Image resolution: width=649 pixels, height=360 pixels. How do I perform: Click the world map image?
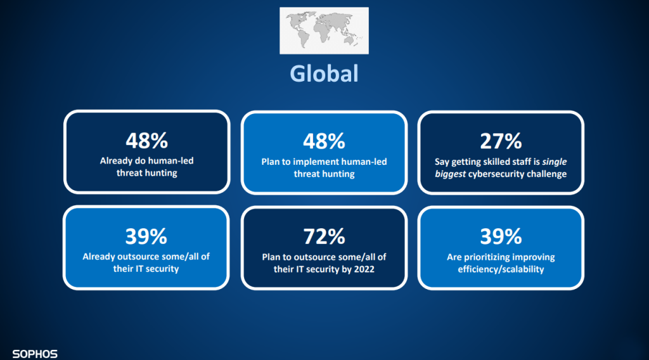click(324, 30)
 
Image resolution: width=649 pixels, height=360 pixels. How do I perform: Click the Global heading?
click(324, 74)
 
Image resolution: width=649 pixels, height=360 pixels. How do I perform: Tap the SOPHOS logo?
click(35, 354)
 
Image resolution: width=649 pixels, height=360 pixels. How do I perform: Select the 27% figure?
click(501, 141)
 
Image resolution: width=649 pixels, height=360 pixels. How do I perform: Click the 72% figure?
click(324, 236)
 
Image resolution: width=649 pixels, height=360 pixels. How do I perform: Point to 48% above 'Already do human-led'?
click(147, 141)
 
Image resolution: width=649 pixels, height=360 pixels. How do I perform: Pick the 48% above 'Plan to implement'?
click(324, 141)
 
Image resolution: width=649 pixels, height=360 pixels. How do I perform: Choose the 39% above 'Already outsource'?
click(146, 236)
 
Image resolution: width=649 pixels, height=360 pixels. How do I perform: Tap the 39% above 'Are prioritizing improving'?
click(501, 236)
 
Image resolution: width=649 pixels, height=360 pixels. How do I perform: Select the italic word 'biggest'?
click(451, 174)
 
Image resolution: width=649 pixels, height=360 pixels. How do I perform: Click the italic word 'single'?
click(554, 162)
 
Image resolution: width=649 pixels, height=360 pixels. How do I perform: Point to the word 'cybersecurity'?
click(493, 174)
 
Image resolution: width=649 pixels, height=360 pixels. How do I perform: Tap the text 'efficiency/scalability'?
click(501, 269)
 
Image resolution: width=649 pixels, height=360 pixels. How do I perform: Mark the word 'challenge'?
click(543, 174)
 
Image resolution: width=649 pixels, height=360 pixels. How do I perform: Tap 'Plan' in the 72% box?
click(271, 257)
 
